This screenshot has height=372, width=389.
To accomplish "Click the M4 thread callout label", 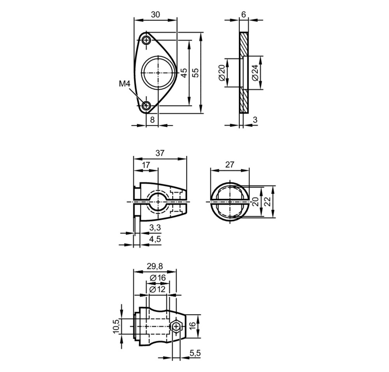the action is coord(124,84).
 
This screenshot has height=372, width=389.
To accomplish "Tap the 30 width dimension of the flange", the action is coord(155,15).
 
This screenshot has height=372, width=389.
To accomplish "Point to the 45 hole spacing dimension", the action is coord(184,73).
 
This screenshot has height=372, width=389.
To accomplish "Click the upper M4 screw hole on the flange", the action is coord(147,40).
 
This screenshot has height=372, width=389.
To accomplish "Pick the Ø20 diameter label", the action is coord(222,72).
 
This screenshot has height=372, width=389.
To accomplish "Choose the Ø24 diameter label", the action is coord(255,72).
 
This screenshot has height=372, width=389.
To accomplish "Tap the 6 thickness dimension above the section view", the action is coord(244,15).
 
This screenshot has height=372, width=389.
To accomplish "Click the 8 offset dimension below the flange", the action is coord(152,119).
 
